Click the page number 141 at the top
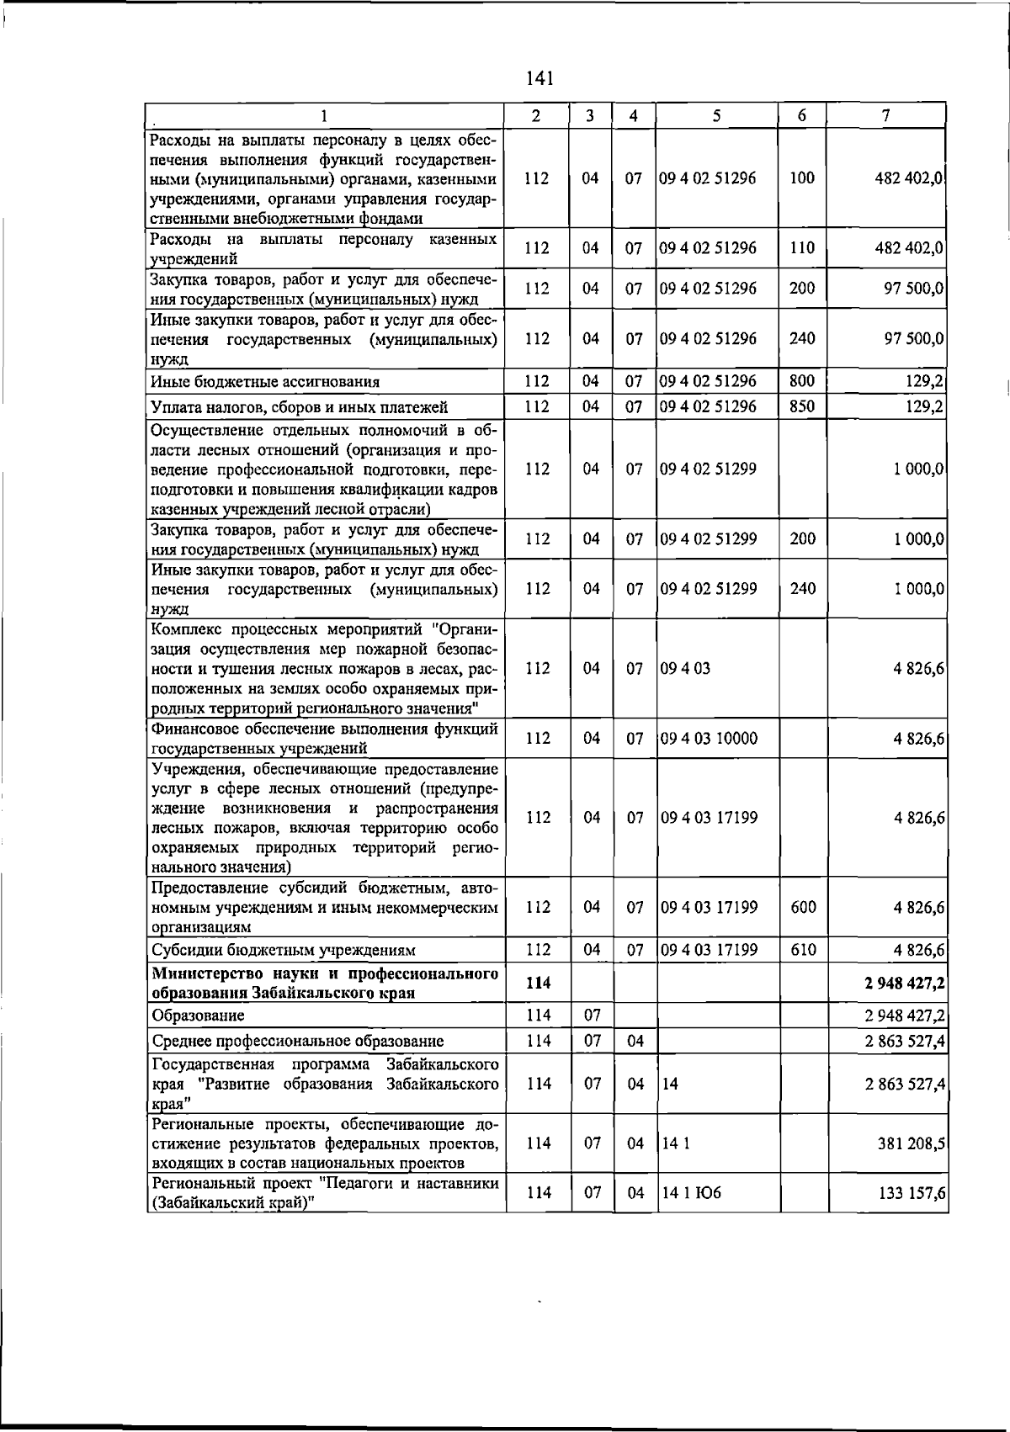click(x=539, y=78)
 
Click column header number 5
click(x=715, y=116)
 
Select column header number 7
click(x=886, y=116)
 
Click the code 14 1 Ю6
click(x=692, y=1193)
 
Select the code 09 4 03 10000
click(x=709, y=739)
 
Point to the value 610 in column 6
click(x=803, y=950)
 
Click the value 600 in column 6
click(x=803, y=908)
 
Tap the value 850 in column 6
click(x=802, y=407)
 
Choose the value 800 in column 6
click(x=802, y=381)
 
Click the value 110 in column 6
click(x=802, y=248)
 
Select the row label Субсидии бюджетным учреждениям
click(x=284, y=951)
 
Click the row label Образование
click(x=198, y=1016)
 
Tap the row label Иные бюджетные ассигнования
click(x=264, y=382)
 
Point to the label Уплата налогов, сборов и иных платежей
click(x=299, y=408)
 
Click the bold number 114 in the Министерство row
click(x=538, y=984)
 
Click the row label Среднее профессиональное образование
click(x=297, y=1042)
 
